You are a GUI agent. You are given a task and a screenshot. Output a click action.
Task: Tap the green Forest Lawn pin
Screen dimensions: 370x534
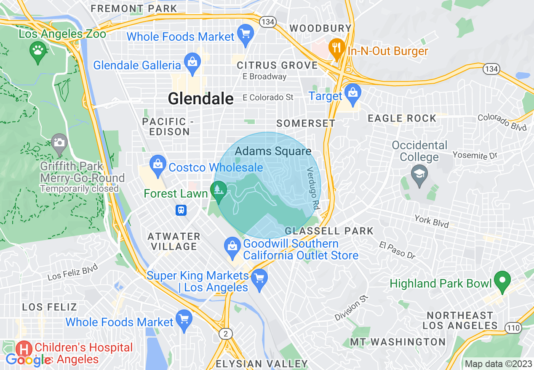click(219, 191)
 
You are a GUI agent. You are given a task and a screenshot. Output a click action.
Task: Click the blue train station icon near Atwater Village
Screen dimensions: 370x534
click(181, 210)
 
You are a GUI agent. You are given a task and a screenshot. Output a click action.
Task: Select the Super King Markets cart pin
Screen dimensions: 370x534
click(259, 278)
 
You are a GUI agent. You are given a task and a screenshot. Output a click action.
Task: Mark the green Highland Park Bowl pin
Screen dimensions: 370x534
click(502, 280)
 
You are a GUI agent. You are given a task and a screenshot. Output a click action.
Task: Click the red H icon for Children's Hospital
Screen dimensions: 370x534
click(24, 349)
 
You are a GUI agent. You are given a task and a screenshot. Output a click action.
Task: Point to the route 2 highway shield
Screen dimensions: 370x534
click(226, 334)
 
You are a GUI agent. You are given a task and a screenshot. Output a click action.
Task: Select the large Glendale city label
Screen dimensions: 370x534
click(200, 98)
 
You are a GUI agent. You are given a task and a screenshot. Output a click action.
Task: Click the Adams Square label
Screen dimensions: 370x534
click(273, 151)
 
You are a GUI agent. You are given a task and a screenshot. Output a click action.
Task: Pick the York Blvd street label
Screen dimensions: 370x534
click(432, 221)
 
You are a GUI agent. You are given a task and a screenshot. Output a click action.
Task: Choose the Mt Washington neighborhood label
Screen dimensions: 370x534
click(398, 342)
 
